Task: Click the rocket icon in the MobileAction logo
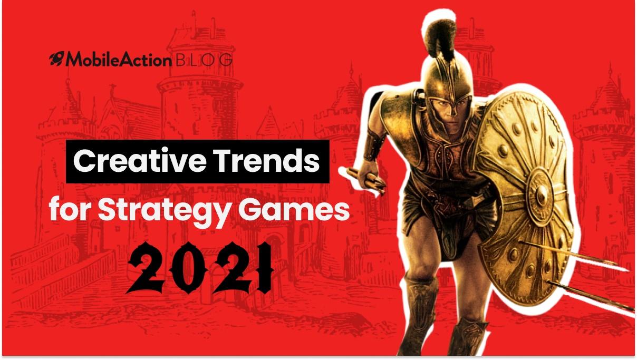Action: (57, 59)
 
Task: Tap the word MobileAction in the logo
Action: (119, 60)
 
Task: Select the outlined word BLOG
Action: (204, 60)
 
